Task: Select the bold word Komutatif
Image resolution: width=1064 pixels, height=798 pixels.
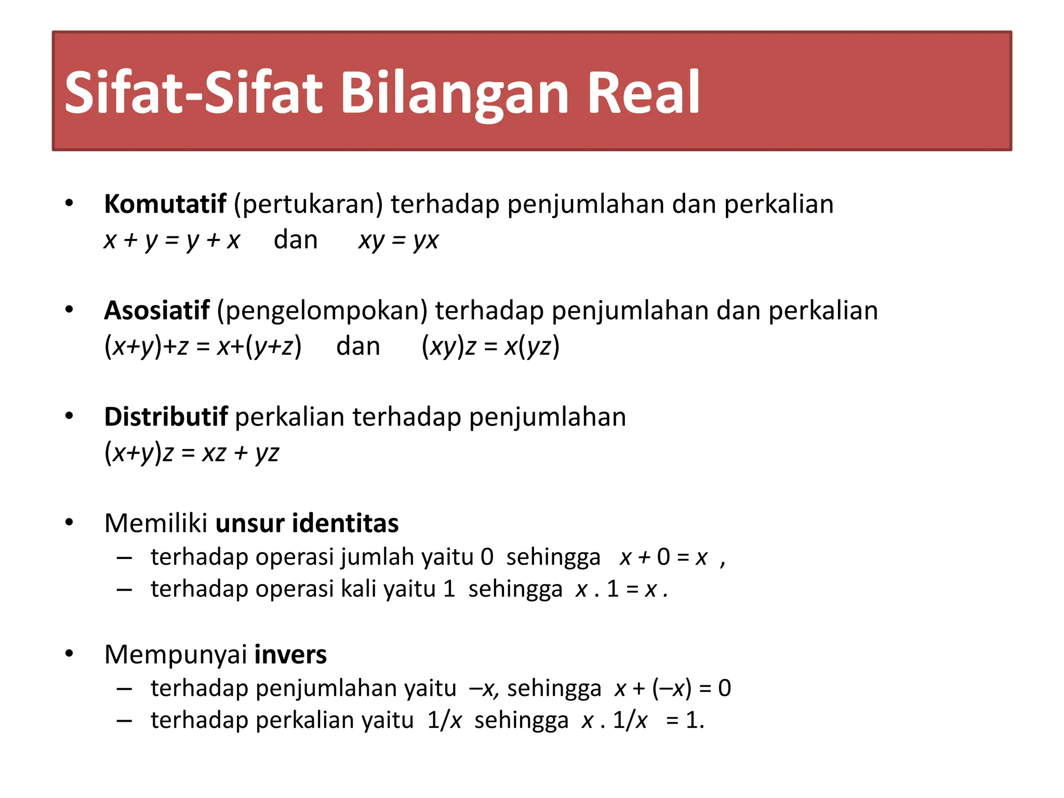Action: point(165,204)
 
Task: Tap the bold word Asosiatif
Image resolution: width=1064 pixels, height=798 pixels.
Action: point(156,310)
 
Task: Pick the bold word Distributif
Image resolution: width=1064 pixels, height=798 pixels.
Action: point(166,417)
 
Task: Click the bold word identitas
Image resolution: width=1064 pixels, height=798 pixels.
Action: point(345,523)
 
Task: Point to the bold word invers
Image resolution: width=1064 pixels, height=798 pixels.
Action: point(290,654)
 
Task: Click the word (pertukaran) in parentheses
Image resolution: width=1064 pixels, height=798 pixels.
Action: point(308,204)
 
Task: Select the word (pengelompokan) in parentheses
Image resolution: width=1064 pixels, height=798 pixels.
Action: point(322,311)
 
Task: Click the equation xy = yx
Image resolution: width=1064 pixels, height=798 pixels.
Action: point(398,240)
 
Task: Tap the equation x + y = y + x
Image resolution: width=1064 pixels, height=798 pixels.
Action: point(171,240)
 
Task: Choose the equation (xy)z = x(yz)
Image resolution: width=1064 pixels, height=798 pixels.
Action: point(490,347)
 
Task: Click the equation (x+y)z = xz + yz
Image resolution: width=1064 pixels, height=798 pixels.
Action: point(192,453)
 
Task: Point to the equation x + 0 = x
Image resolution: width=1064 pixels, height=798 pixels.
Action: point(663,557)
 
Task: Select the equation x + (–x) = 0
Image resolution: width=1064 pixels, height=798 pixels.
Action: point(673,688)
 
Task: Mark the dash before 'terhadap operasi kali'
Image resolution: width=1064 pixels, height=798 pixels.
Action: point(124,590)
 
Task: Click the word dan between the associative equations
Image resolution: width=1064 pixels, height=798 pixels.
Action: point(358,347)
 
